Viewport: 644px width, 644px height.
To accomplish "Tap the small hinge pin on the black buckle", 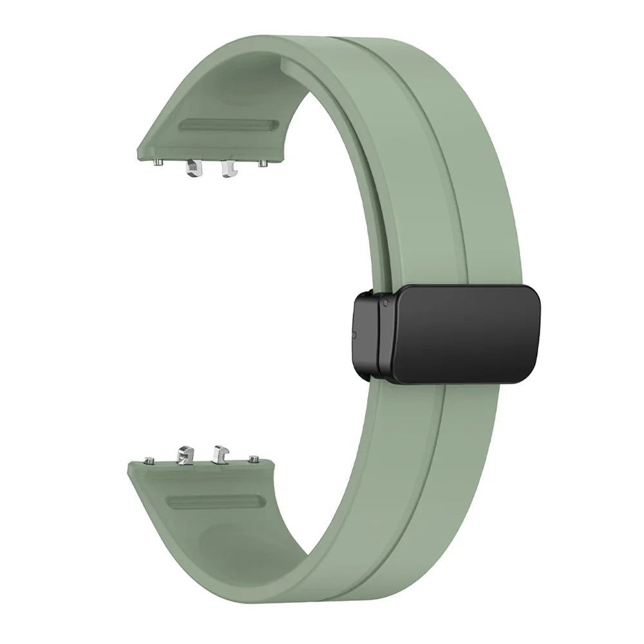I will [384, 300].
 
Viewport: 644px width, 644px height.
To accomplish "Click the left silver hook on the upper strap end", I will [192, 169].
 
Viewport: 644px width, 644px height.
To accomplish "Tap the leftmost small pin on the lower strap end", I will [149, 460].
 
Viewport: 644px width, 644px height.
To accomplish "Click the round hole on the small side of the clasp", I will [354, 335].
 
